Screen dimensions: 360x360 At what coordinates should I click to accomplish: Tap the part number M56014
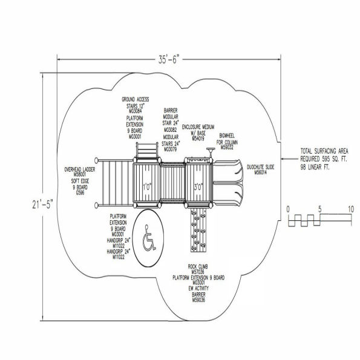click(261, 173)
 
